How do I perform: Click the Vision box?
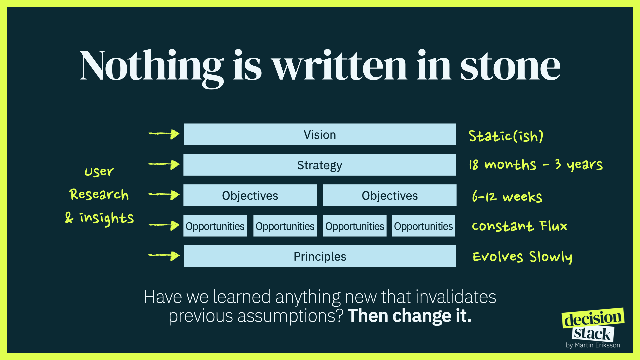coord(320,134)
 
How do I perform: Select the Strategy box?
coord(320,165)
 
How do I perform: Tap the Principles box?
coord(320,256)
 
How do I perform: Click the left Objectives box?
coord(250,195)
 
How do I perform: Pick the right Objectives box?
coord(390,195)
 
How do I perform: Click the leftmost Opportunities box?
coord(215,226)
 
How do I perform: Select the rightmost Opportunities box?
coord(423,226)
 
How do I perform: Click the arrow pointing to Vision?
coord(164,134)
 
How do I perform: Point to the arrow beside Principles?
coord(164,256)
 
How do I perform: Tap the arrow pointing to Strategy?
coord(164,164)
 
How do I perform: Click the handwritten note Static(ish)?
coord(506,136)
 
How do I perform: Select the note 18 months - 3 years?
coord(536,165)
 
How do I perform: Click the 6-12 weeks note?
coord(507,196)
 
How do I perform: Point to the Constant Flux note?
coord(520,226)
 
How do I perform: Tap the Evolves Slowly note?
coord(523,257)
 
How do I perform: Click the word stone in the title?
coord(510,67)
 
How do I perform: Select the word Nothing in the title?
coord(152,68)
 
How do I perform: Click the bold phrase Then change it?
coord(409,316)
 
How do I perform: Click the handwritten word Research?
coord(99,194)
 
